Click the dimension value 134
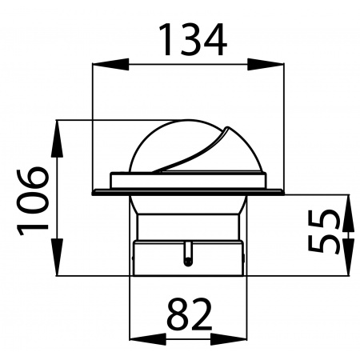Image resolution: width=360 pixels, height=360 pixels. [x=190, y=39]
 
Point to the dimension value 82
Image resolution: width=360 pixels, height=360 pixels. [x=189, y=317]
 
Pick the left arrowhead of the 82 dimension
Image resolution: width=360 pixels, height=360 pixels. [x=137, y=337]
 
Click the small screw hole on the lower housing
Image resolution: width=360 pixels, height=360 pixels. [x=187, y=259]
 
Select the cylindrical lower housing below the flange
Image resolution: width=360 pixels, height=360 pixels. [x=188, y=256]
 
